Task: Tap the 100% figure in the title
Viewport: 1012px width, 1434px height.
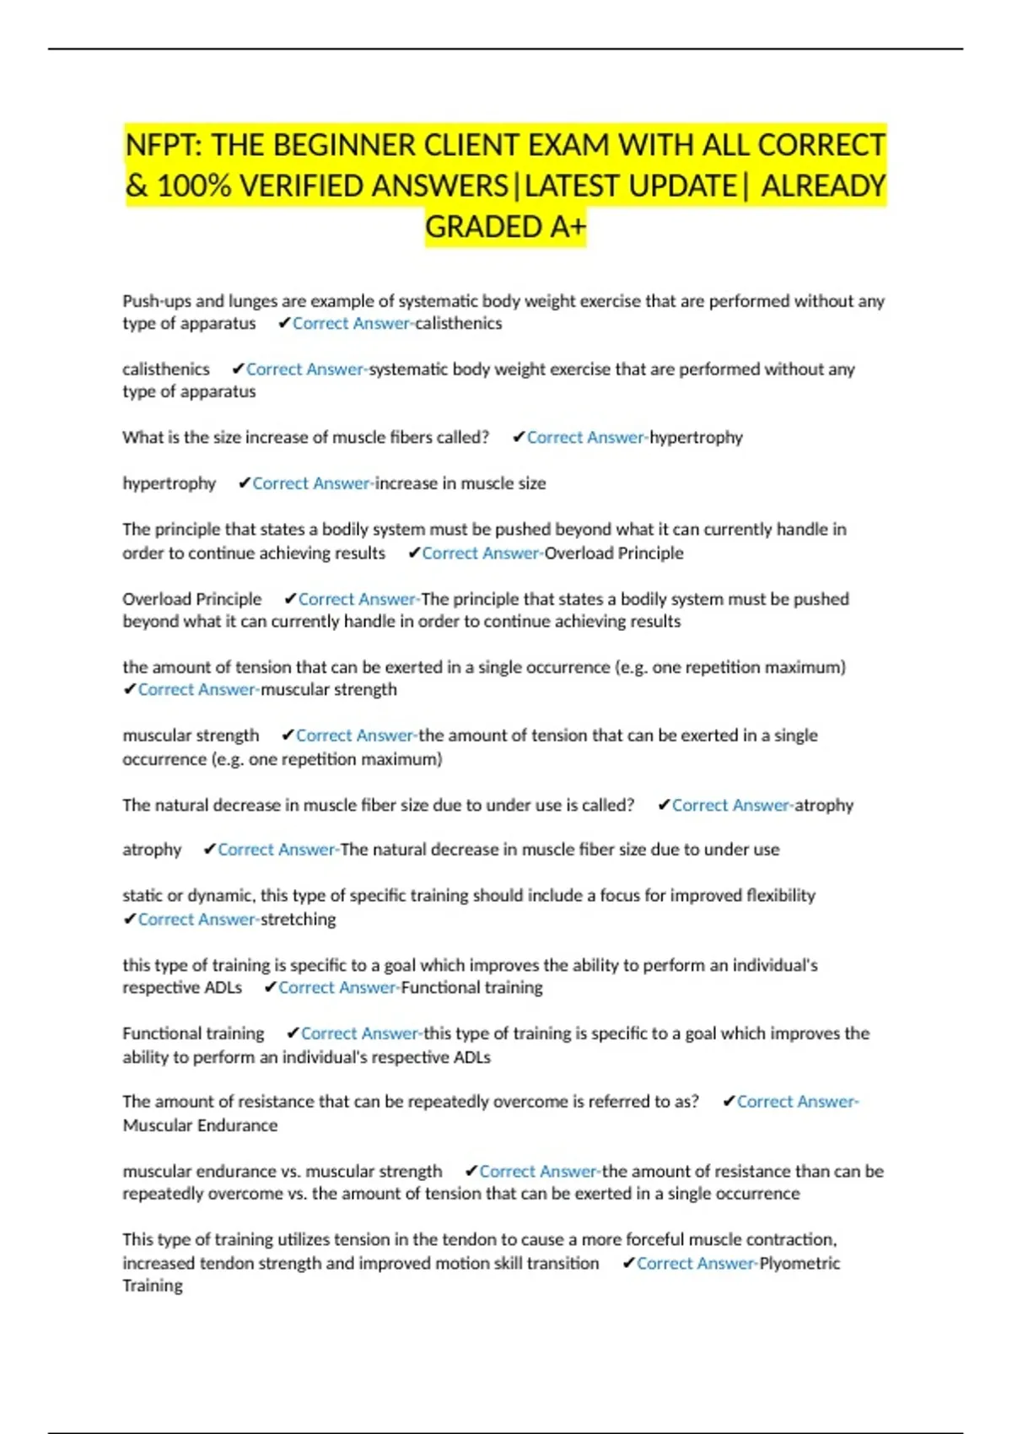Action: (x=194, y=186)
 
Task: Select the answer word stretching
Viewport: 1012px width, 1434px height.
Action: (x=298, y=919)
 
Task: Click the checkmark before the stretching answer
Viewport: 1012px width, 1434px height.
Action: (x=129, y=919)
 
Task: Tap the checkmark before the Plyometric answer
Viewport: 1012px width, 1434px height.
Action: (x=628, y=1263)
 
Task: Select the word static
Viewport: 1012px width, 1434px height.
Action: (x=142, y=896)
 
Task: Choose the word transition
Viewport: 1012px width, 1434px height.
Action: (x=561, y=1263)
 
